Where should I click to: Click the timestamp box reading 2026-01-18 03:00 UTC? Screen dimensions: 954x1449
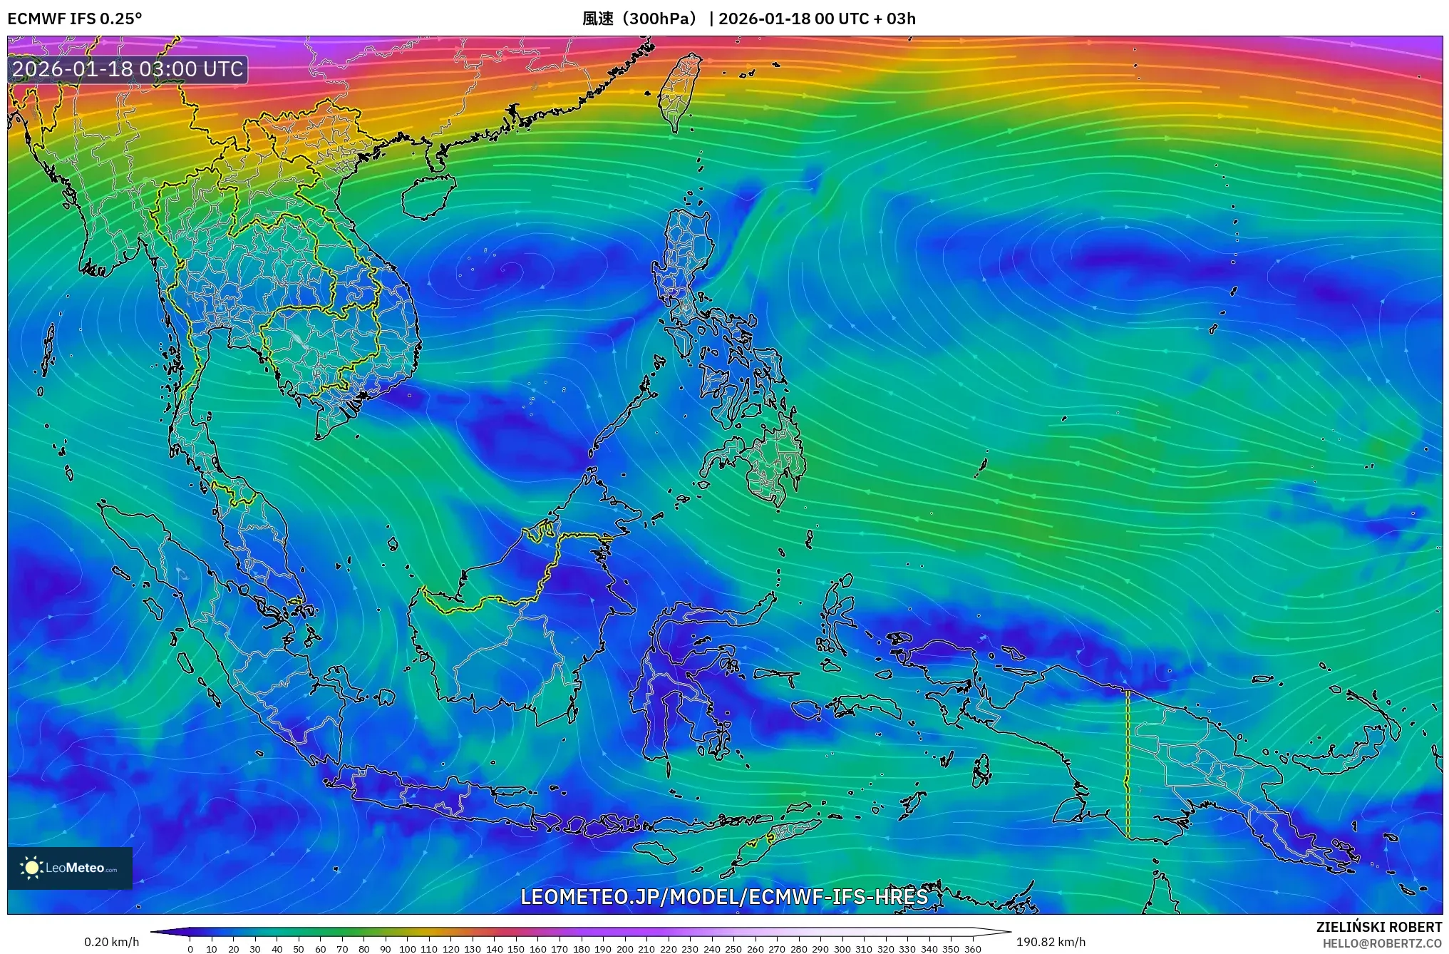[128, 69]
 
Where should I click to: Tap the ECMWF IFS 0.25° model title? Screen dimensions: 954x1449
[75, 19]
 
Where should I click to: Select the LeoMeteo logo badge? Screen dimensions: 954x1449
[70, 868]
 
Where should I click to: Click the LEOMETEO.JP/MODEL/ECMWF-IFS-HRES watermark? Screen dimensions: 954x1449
[724, 896]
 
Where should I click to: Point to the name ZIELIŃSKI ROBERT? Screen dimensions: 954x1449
[1379, 927]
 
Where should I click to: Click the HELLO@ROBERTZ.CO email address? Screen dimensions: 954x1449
[1382, 943]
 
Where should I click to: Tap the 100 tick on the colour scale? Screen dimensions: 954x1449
[407, 949]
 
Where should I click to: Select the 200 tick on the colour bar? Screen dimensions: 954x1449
[624, 949]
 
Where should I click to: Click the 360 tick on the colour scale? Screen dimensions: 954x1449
[972, 949]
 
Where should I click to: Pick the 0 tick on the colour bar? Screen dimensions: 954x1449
[190, 949]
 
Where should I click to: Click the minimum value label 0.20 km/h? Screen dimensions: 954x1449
[112, 942]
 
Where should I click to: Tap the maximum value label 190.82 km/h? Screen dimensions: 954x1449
[1051, 942]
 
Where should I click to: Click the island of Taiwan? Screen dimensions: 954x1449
[679, 91]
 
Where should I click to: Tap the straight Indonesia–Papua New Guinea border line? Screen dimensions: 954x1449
[1128, 763]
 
